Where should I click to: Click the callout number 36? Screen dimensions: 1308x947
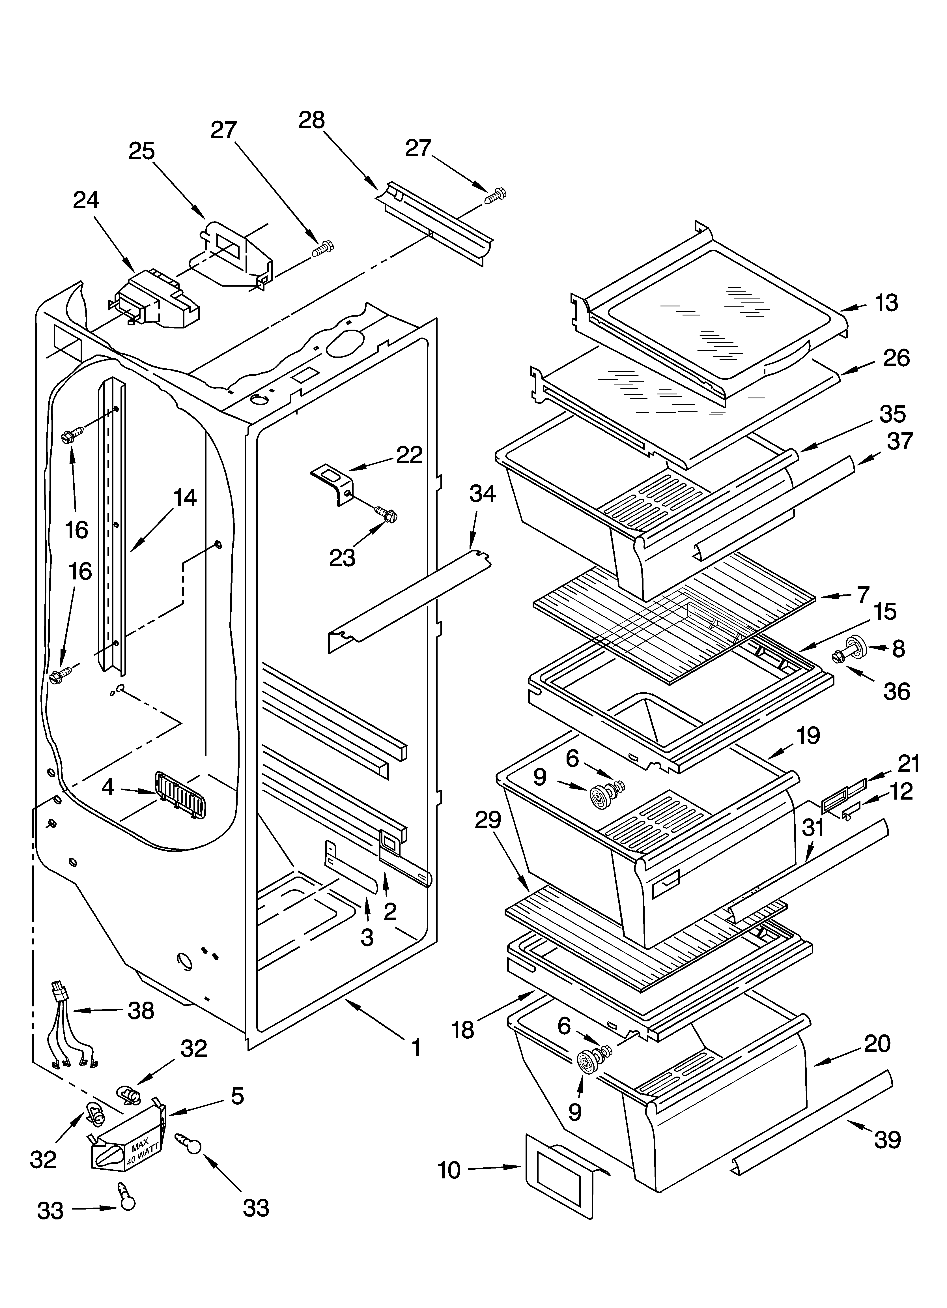click(896, 691)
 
